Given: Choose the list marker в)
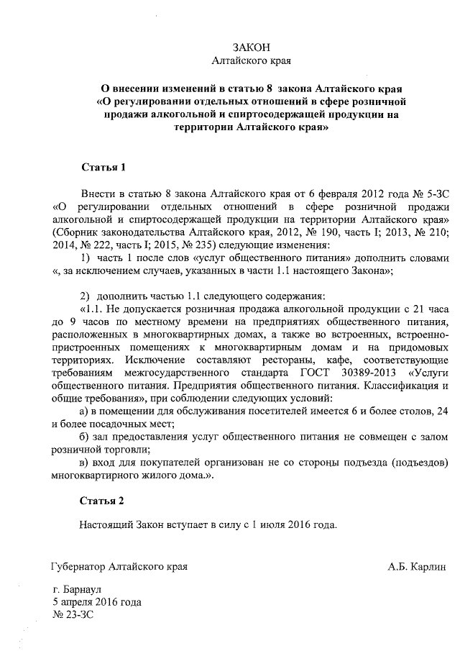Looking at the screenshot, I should pyautogui.click(x=83, y=461).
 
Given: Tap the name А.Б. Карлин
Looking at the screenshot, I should pyautogui.click(x=417, y=566).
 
